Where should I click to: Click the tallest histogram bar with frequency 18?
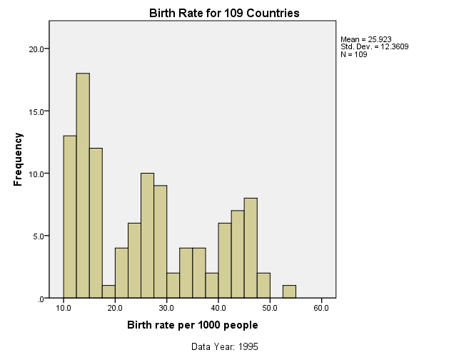pyautogui.click(x=83, y=186)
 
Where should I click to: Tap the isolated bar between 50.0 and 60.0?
pyautogui.click(x=289, y=291)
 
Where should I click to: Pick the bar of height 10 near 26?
pyautogui.click(x=147, y=235)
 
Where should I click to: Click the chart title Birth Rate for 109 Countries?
pyautogui.click(x=224, y=14)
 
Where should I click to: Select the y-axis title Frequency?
pyautogui.click(x=18, y=159)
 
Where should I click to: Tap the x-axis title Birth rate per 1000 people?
pyautogui.click(x=193, y=326)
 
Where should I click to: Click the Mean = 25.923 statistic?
pyautogui.click(x=366, y=39)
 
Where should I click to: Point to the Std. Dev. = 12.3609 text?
pyautogui.click(x=375, y=47)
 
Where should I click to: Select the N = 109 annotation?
pyautogui.click(x=354, y=55)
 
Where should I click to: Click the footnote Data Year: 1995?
pyautogui.click(x=224, y=346)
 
